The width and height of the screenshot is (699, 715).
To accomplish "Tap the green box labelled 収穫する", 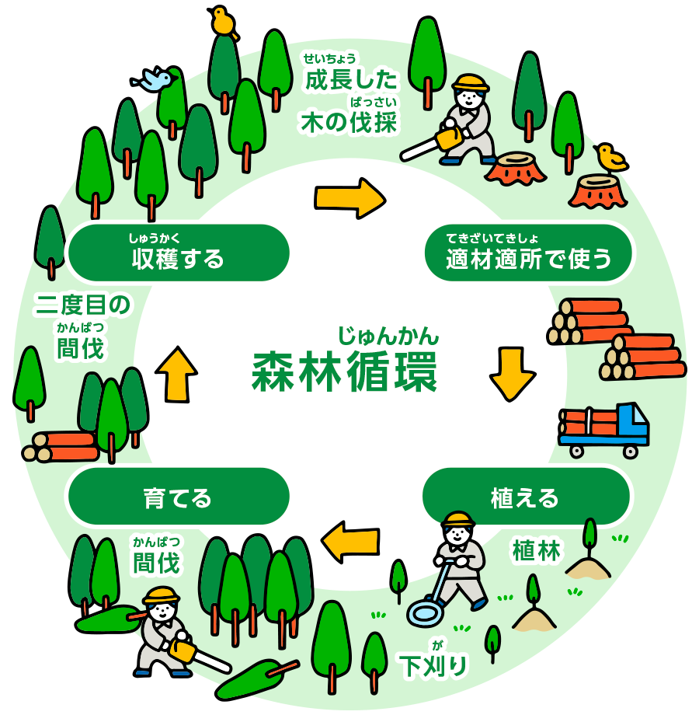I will click(179, 253).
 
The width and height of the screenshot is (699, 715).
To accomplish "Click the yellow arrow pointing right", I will click(349, 197).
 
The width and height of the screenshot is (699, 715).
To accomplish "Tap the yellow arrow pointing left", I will click(350, 541).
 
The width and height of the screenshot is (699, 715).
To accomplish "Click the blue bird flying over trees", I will click(156, 79).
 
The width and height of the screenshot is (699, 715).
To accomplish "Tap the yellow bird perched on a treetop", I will click(224, 21).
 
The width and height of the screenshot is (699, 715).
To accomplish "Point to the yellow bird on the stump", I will click(610, 158).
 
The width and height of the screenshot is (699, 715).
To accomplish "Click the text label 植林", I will click(536, 550).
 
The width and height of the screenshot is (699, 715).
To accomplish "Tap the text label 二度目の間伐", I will click(82, 326).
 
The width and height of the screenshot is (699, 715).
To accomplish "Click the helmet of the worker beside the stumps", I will click(471, 83).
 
